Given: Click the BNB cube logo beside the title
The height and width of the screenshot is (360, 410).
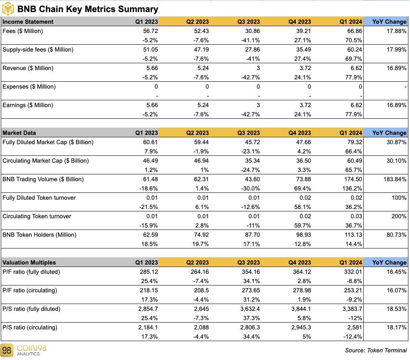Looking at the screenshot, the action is [8, 8].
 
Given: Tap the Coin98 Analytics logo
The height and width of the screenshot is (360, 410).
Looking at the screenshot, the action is [23, 350].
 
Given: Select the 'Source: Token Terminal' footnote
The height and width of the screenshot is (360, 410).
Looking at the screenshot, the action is [376, 350].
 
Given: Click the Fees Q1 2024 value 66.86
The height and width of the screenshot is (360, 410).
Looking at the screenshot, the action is [354, 31].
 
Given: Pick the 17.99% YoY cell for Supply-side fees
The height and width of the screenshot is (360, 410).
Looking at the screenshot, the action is [396, 50].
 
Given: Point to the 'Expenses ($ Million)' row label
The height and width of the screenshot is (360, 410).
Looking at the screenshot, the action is [29, 87].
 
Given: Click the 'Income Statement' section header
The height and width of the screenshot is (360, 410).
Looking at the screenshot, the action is [28, 22].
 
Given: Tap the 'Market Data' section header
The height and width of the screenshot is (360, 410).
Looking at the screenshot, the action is [19, 132].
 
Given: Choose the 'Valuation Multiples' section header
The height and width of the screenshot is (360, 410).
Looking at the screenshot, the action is [29, 263].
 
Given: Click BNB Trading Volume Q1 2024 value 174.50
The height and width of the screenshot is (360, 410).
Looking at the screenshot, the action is [353, 179].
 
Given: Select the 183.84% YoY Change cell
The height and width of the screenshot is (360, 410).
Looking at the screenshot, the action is [395, 179].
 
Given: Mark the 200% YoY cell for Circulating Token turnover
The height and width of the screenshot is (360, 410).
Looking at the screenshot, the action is [399, 216].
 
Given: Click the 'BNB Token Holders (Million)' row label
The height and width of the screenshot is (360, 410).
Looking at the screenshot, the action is [39, 235].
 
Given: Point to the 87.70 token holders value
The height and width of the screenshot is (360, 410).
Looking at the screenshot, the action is [252, 235].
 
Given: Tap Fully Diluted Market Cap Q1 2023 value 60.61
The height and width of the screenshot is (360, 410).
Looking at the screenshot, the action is [150, 142].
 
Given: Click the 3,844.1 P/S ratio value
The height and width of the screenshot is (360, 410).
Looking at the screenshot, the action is [301, 309].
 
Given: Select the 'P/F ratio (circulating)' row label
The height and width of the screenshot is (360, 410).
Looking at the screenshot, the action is [30, 290].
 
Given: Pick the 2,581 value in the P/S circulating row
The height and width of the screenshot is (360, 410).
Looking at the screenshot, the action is [354, 327].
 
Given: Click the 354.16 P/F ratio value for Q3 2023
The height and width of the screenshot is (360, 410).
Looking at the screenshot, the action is [251, 272].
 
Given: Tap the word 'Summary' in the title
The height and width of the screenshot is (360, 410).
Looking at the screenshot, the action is [138, 9].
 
